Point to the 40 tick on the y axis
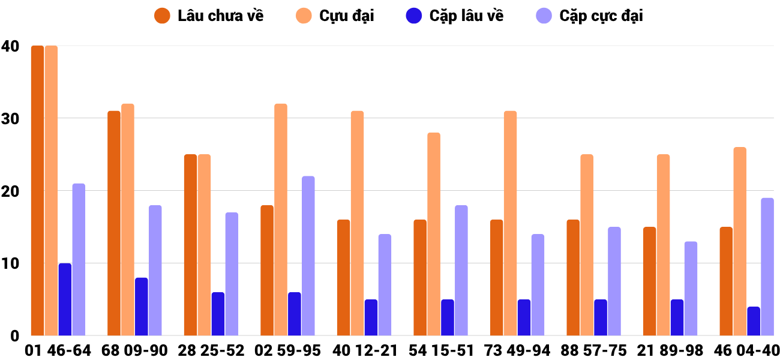[x=10, y=46]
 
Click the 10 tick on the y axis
[x=10, y=263]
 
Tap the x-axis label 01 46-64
[x=58, y=350]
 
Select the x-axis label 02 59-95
[x=288, y=350]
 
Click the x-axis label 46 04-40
[x=746, y=350]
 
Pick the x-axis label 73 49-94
[x=517, y=350]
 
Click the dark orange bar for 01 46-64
[x=37, y=191]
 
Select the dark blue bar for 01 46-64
[x=65, y=299]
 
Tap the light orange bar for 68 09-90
[x=128, y=220]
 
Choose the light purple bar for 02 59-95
[x=308, y=256]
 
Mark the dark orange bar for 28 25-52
[x=190, y=245]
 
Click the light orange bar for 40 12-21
[x=357, y=223]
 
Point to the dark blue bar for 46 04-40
[x=754, y=321]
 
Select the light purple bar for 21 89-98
[x=691, y=289]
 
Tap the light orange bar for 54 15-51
[x=434, y=234]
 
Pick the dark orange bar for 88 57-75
[x=573, y=278]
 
